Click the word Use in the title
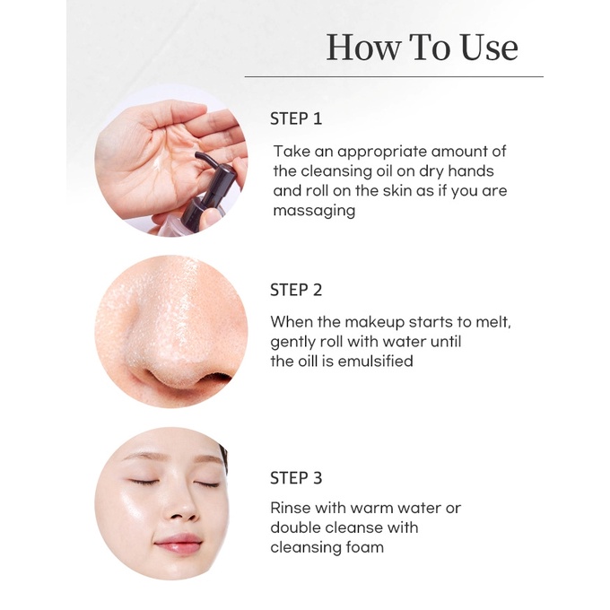pyautogui.click(x=489, y=48)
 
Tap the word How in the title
pyautogui.click(x=363, y=48)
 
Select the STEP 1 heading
pyautogui.click(x=296, y=118)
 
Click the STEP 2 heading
pyautogui.click(x=296, y=291)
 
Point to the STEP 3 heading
pyautogui.click(x=296, y=478)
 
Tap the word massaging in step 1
pyautogui.click(x=314, y=211)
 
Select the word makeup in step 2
pyautogui.click(x=374, y=323)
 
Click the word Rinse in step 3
pyautogui.click(x=291, y=508)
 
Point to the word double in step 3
pyautogui.click(x=295, y=527)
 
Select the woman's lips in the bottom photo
pyautogui.click(x=179, y=542)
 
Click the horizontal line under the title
pyautogui.click(x=394, y=76)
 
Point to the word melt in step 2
pyautogui.click(x=494, y=323)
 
